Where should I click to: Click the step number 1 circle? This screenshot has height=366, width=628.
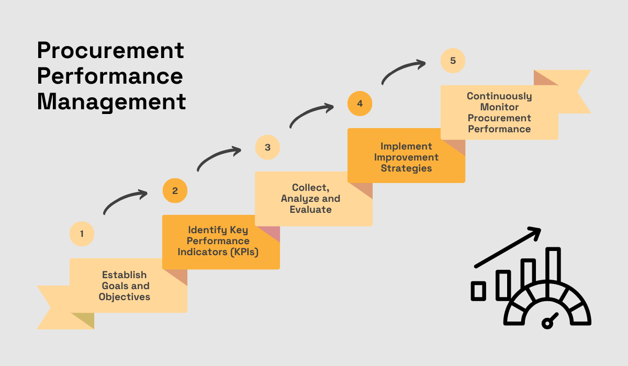82,234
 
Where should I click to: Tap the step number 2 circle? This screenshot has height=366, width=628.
175,191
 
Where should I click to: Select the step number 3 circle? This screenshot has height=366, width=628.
267,147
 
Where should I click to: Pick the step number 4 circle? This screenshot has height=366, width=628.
360,104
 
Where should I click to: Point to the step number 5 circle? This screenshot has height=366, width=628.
453,61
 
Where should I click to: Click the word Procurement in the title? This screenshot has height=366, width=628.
110,51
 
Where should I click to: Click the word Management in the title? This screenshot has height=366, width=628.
111,101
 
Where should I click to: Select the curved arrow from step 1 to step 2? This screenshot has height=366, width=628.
125,201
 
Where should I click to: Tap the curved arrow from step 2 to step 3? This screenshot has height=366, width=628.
218,158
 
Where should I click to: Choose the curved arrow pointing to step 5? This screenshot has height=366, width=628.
403,71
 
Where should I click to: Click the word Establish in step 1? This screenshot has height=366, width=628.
125,274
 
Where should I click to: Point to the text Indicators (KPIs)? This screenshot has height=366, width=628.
218,251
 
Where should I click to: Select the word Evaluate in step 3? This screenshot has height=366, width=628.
311,209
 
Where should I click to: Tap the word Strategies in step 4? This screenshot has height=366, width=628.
406,168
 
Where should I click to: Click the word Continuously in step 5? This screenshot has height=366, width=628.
499,96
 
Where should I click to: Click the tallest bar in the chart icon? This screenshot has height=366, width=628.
553,267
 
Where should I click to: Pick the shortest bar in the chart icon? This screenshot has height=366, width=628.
478,291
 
